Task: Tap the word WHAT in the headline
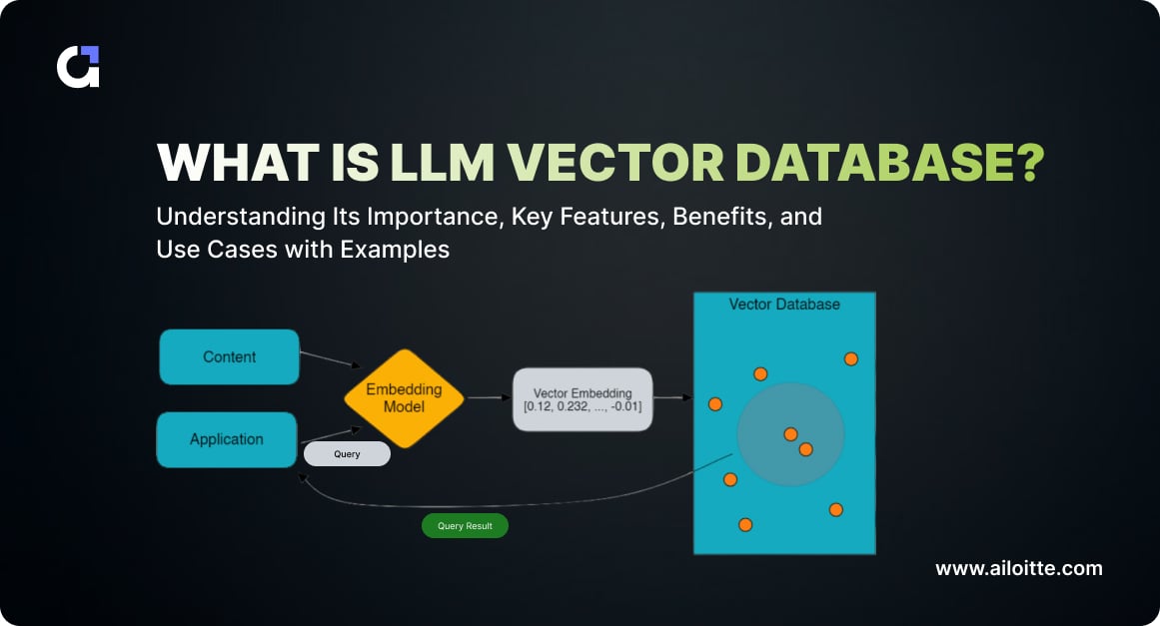(x=225, y=162)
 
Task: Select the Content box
(x=229, y=356)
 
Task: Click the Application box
(x=227, y=439)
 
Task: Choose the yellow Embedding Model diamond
(x=404, y=398)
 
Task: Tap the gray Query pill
(x=347, y=453)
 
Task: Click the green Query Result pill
(x=465, y=526)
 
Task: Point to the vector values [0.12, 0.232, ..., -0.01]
(x=582, y=407)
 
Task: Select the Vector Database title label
(x=784, y=304)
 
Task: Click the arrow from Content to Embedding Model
(x=330, y=358)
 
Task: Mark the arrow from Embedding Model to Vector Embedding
(x=489, y=397)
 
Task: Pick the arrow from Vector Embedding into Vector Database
(x=673, y=397)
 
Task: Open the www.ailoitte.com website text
(x=1019, y=568)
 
